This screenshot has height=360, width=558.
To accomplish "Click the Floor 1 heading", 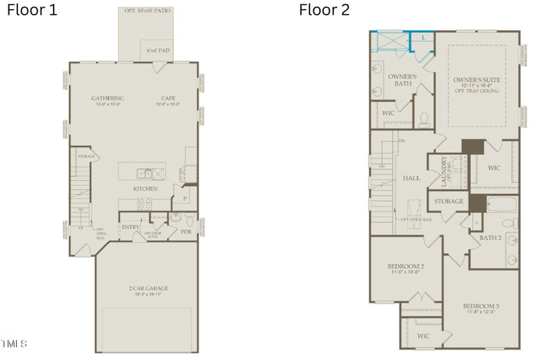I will point(32,10).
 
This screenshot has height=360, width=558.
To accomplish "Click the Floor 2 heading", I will point(324,10).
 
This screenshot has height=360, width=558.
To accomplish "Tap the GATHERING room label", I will point(108,98).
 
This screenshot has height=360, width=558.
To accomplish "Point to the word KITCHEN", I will point(146,189).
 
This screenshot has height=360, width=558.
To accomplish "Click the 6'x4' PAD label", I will point(157,50).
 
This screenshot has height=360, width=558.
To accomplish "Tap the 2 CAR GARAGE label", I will point(148,287).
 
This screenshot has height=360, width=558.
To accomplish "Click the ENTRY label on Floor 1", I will point(130,227).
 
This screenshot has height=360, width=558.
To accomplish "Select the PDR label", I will point(186,232).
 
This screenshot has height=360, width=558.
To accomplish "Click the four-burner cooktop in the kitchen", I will point(146,204).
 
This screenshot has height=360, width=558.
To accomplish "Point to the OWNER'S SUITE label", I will point(476,80).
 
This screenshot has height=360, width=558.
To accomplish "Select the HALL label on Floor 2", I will point(412,179).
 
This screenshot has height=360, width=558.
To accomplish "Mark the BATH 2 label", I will point(490,238).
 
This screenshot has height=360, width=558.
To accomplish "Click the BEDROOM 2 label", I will point(406,267).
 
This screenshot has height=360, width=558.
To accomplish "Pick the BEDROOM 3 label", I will point(481,306).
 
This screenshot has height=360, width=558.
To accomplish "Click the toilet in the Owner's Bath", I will point(423,119).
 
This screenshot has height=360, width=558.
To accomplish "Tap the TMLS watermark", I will point(14,343).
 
